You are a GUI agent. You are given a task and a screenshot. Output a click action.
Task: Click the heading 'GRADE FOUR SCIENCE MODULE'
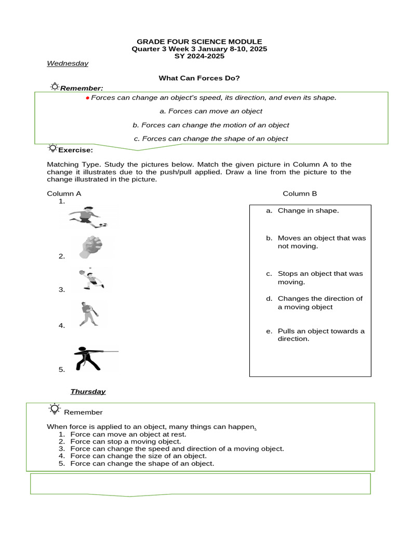199,42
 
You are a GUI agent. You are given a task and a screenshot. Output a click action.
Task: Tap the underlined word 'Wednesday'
68,64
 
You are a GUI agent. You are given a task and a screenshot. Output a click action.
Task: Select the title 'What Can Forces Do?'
199,78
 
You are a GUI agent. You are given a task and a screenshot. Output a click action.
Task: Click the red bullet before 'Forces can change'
87,98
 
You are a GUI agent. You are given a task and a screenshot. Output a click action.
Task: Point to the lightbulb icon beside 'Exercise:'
52,149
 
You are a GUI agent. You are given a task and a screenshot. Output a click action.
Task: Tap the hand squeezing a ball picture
91,247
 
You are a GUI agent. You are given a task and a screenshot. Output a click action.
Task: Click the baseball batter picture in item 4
89,314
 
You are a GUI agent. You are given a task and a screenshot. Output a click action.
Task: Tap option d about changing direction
320,302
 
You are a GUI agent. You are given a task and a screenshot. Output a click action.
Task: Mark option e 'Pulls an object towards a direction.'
321,335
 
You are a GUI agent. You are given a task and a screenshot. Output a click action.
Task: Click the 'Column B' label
300,194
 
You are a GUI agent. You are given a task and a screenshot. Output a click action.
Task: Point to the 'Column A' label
64,194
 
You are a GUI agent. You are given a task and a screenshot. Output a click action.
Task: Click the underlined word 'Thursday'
88,391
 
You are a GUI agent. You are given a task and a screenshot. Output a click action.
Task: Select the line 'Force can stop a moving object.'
125,441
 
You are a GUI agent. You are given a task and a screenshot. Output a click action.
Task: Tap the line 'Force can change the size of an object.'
138,456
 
